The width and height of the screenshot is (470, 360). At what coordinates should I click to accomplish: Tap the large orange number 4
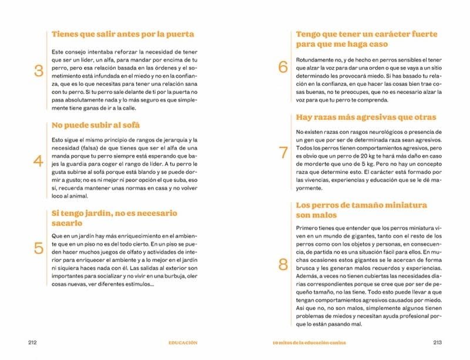[x=39, y=162]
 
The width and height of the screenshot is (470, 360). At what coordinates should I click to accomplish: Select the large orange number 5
[x=39, y=248]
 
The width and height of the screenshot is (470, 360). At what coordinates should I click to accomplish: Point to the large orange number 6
[x=283, y=67]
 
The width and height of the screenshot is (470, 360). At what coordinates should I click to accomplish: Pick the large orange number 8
[x=283, y=265]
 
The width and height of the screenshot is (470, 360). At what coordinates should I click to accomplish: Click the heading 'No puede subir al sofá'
[x=96, y=125]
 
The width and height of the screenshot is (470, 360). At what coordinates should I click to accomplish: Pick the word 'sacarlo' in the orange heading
[x=67, y=224]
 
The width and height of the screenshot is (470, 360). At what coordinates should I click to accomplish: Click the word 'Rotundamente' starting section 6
[x=315, y=60]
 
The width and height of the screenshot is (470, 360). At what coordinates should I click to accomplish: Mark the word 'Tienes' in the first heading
[x=66, y=34]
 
